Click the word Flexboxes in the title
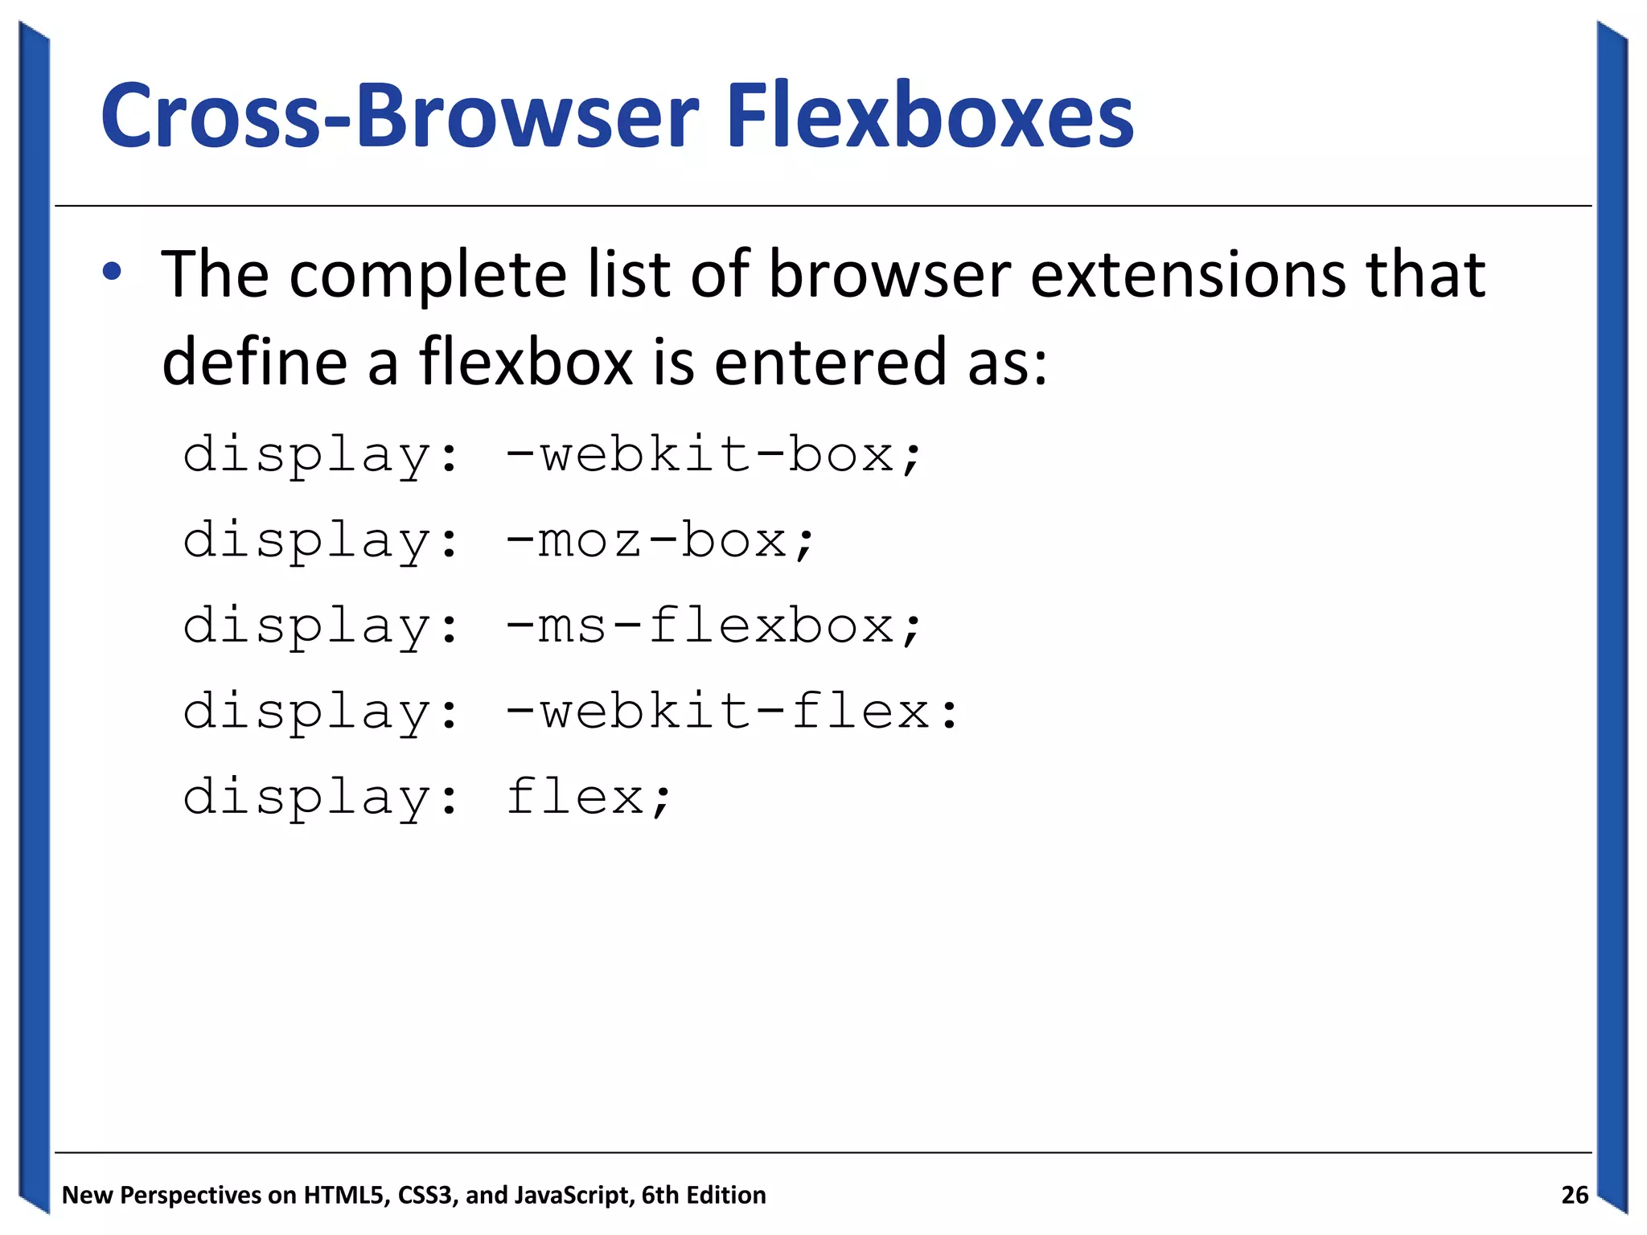point(930,117)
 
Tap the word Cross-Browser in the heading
point(400,117)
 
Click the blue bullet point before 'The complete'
point(112,272)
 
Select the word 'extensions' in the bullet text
point(1188,275)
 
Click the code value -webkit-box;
point(713,456)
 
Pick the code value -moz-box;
point(660,541)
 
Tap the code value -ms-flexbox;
point(713,627)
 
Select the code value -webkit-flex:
point(732,712)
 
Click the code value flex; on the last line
point(589,798)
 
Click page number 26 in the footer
point(1575,1195)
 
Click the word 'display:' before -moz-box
point(321,541)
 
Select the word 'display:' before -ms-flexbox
point(321,627)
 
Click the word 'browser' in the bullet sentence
point(889,275)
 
